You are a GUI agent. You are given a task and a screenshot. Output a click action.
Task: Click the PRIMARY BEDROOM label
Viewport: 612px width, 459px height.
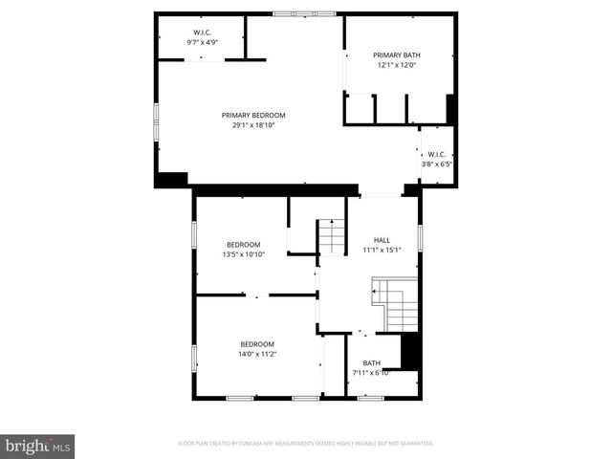(x=253, y=115)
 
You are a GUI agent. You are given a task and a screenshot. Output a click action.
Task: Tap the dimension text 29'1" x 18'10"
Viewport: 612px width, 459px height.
(x=253, y=125)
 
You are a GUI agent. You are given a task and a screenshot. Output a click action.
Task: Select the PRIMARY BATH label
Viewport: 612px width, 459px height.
(x=396, y=55)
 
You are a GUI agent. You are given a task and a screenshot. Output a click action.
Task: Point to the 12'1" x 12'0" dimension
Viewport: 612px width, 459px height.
(x=396, y=66)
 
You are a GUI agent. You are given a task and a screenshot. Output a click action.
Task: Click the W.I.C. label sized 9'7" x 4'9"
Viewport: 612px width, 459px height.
(x=202, y=32)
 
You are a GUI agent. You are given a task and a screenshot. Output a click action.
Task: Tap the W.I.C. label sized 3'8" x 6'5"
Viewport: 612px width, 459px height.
(x=437, y=154)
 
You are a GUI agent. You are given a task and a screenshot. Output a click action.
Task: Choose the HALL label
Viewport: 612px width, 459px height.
(x=382, y=240)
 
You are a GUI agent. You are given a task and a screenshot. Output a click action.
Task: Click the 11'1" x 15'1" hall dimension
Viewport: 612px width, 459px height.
(x=382, y=251)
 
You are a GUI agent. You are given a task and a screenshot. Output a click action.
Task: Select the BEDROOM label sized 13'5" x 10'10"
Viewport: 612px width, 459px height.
(x=243, y=244)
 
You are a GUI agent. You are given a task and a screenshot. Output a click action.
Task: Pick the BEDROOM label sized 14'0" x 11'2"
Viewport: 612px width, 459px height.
(x=257, y=344)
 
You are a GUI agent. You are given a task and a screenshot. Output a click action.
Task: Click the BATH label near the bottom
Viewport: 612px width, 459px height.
(x=371, y=362)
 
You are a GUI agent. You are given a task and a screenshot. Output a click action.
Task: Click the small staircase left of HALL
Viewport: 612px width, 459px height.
(x=332, y=236)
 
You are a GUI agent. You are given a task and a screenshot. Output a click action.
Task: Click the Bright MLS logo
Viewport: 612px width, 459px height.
(x=38, y=445)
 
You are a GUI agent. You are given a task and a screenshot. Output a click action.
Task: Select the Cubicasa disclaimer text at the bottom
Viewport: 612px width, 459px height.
(x=306, y=444)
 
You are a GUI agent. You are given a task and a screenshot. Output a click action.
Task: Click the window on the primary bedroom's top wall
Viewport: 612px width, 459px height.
(x=304, y=14)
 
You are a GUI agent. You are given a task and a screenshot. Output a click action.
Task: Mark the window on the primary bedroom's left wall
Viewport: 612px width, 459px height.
(x=156, y=123)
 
